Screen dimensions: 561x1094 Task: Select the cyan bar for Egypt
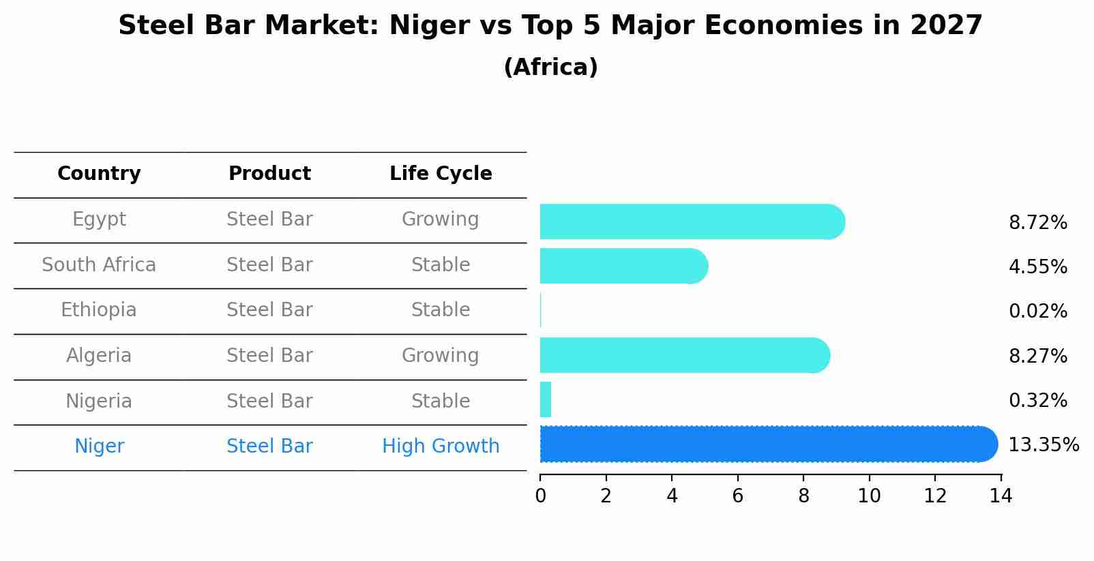[x=692, y=222]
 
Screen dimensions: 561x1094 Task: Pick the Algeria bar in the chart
[x=685, y=355]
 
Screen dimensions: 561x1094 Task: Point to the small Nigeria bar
[x=546, y=399]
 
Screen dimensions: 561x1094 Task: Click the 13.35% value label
[x=1043, y=445]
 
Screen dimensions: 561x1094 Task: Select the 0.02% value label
[x=1037, y=312]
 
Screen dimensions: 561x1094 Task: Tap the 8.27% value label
[x=1037, y=356]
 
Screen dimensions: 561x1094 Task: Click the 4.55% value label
[x=1037, y=267]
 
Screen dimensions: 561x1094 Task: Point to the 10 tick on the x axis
[x=869, y=496]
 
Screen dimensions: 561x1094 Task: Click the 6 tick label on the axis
[x=737, y=496]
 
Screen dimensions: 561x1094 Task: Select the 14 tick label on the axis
[x=1001, y=496]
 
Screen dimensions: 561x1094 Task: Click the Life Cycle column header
[x=441, y=174]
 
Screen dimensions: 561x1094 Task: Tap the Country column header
[x=99, y=174]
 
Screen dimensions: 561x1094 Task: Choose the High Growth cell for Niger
[x=441, y=446]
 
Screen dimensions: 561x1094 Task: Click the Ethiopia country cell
[x=99, y=310]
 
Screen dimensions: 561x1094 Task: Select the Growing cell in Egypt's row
[x=441, y=219]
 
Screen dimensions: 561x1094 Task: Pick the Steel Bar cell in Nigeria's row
[x=269, y=401]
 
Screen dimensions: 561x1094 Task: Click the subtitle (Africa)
[x=550, y=67]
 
